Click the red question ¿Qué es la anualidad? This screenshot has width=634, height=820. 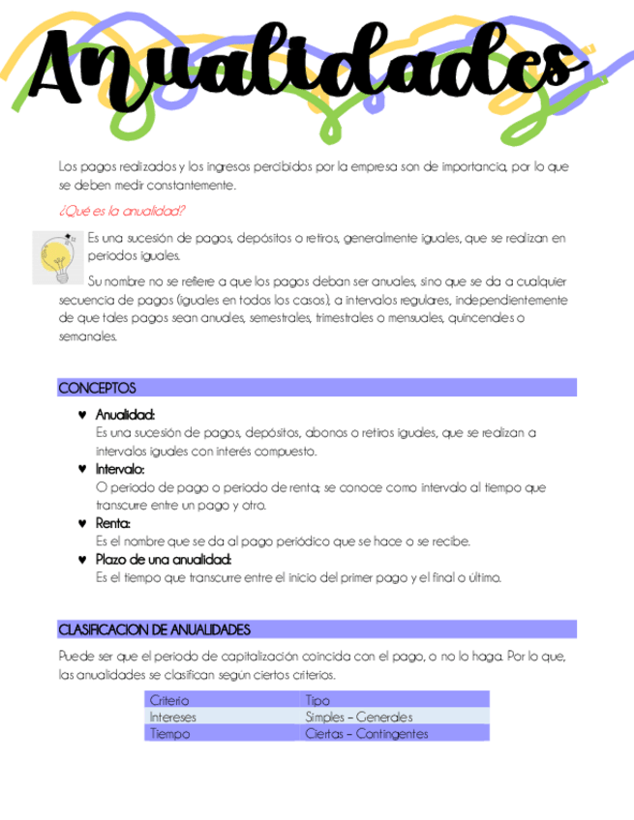point(123,211)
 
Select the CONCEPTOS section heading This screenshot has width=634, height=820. point(98,388)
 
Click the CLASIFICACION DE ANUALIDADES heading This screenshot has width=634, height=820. point(155,630)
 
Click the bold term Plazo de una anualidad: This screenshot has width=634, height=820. point(164,560)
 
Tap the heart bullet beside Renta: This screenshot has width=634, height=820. point(81,523)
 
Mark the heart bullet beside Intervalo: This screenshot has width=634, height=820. point(81,469)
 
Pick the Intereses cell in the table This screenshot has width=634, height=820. point(173,717)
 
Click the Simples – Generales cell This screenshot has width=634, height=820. point(359,717)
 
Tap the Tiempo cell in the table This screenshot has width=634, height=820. point(169,734)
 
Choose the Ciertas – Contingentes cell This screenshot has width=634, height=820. point(366,734)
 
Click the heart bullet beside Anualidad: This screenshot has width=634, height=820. point(81,415)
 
